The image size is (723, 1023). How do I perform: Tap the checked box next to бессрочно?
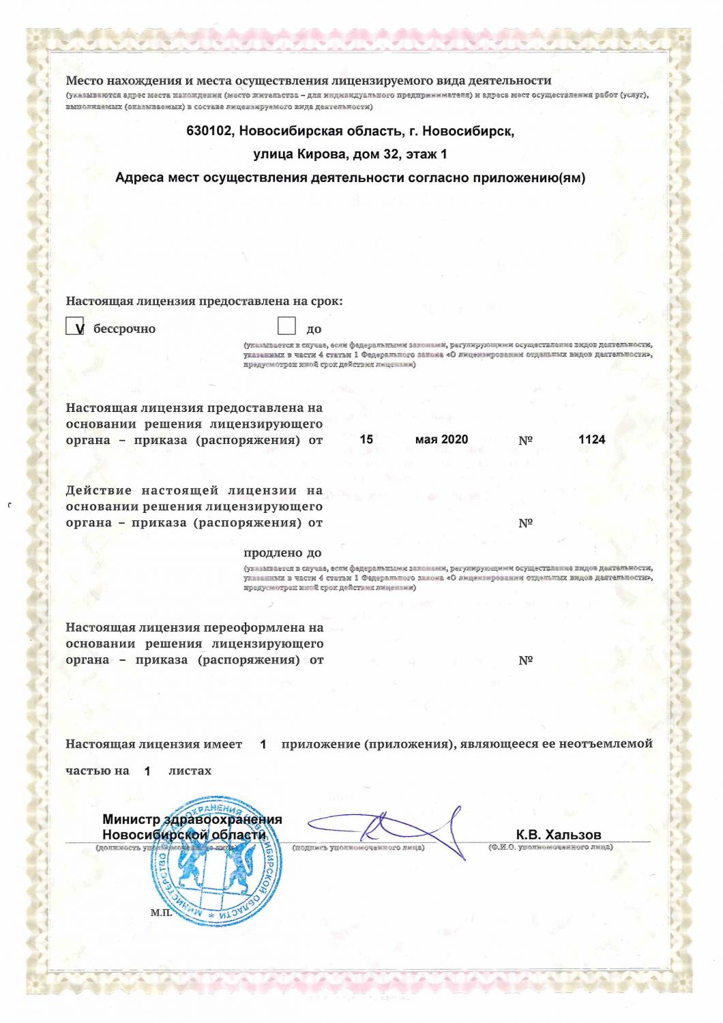75,327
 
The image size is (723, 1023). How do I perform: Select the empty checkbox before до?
286,326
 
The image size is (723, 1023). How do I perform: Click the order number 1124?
591,440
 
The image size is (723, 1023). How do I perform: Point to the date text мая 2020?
441,440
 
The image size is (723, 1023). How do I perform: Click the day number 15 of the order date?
366,440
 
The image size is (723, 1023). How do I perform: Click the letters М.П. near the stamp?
161,913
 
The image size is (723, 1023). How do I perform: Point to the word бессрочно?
124,329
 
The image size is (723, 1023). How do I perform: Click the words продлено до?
282,553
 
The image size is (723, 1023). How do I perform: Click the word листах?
190,771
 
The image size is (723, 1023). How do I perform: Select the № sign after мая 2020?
525,441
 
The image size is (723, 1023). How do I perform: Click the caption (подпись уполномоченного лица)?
358,848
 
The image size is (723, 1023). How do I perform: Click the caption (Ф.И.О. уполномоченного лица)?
550,847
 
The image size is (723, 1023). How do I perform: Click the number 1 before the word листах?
147,772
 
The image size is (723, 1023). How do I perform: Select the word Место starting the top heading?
84,80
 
